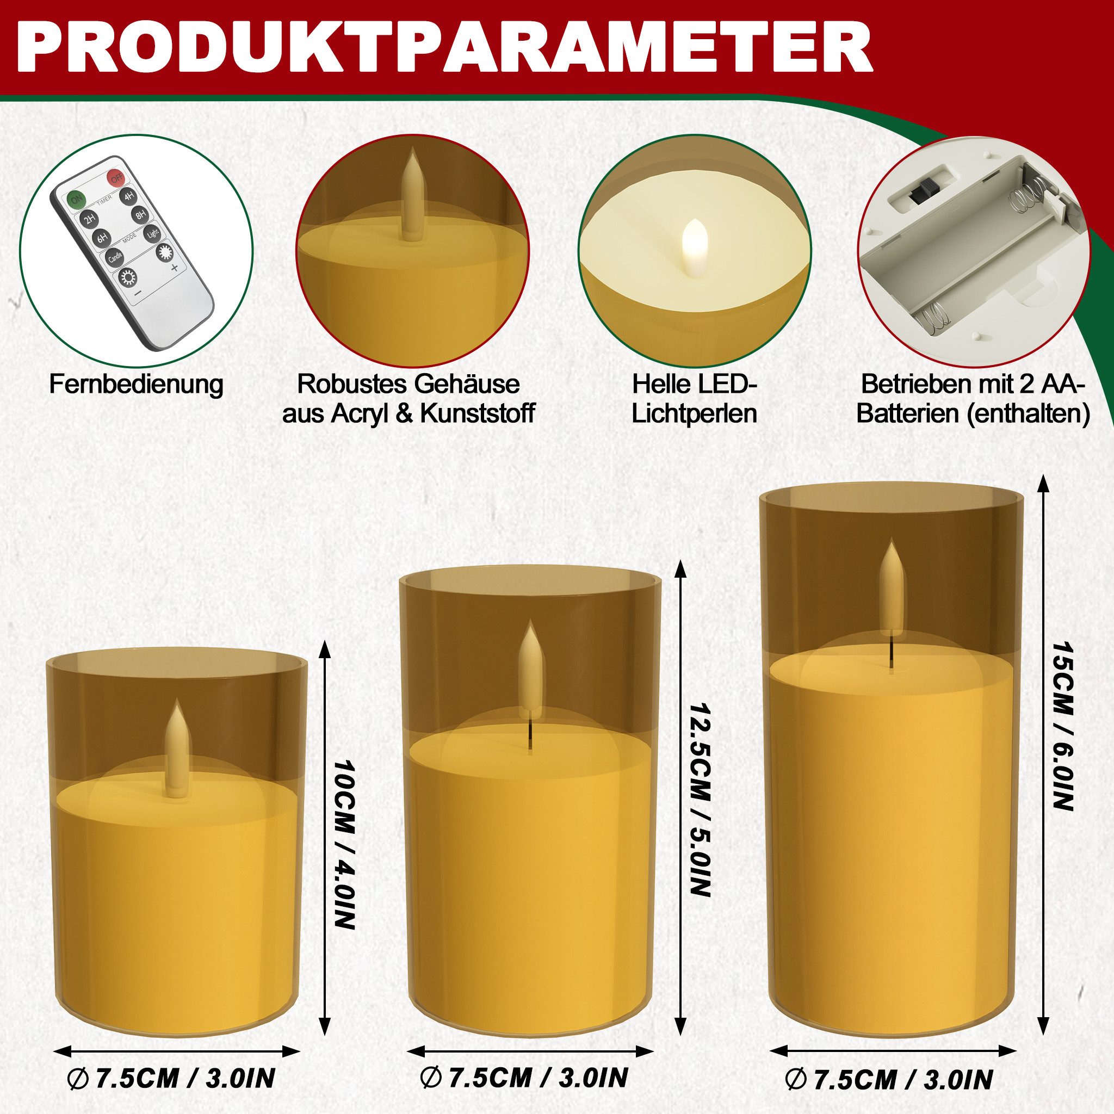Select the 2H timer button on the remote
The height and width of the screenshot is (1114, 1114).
point(89,219)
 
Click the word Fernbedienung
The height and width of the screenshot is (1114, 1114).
point(136,385)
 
